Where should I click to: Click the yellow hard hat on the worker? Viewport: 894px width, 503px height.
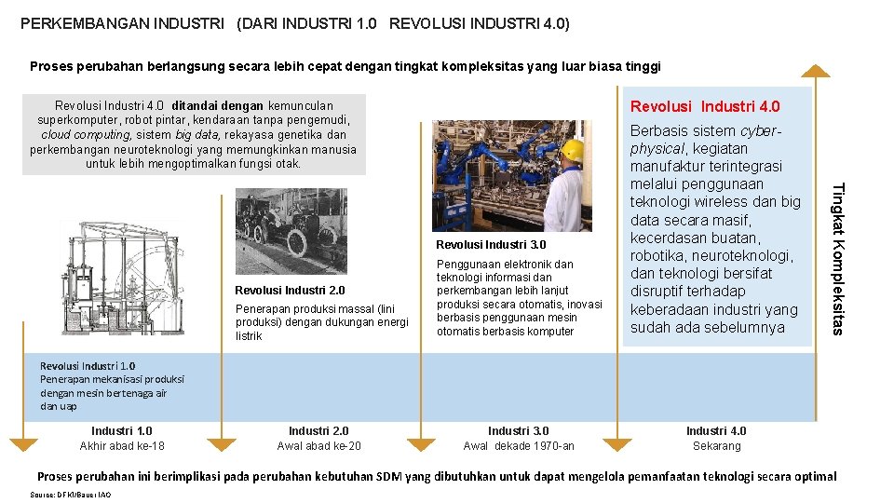(x=572, y=150)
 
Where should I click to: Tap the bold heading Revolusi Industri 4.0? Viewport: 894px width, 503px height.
(x=705, y=106)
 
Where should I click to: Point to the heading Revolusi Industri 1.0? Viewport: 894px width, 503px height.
(x=88, y=366)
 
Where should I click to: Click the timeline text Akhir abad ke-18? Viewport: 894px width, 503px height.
(x=122, y=446)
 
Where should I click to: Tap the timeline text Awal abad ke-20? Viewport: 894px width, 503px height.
(x=318, y=446)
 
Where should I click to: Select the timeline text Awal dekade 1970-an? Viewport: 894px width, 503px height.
(x=519, y=446)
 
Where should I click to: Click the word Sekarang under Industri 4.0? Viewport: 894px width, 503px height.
(x=716, y=446)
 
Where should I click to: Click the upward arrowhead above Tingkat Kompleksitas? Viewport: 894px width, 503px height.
(x=816, y=70)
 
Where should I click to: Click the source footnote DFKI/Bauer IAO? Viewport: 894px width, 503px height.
(x=71, y=495)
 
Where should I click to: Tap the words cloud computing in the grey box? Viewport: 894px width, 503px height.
(x=79, y=135)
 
